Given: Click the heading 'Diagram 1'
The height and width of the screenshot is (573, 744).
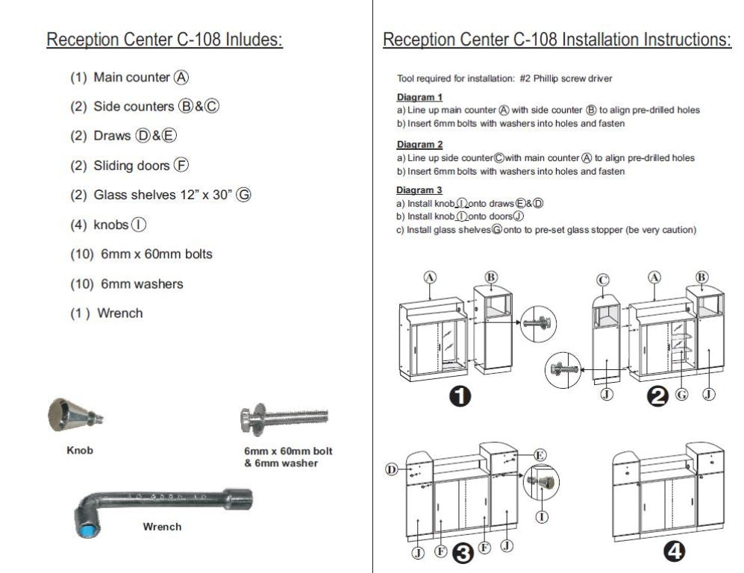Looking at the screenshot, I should [419, 97].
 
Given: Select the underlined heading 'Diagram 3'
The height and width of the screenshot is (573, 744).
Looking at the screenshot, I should [419, 190].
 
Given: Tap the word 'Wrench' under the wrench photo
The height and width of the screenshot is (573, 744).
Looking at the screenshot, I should [162, 527].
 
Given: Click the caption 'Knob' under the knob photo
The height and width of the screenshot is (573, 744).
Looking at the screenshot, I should [80, 451].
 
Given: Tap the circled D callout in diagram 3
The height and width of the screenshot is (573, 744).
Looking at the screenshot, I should [391, 469].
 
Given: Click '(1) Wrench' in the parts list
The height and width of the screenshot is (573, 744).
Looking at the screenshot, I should [106, 313].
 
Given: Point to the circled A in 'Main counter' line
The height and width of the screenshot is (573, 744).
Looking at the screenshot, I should [181, 78].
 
